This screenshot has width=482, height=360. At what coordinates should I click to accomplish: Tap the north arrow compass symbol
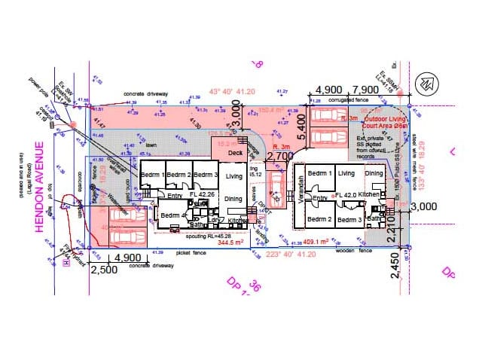click(x=426, y=80)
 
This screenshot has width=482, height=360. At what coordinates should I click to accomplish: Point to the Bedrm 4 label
click(x=173, y=215)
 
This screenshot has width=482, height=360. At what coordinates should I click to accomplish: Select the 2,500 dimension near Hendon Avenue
click(x=103, y=268)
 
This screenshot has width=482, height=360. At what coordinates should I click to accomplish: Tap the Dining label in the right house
click(x=374, y=174)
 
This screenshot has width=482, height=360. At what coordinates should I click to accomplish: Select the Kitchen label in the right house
click(x=368, y=195)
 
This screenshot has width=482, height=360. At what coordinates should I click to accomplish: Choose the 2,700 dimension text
click(x=280, y=156)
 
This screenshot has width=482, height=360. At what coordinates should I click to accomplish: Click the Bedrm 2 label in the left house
click(x=179, y=175)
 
